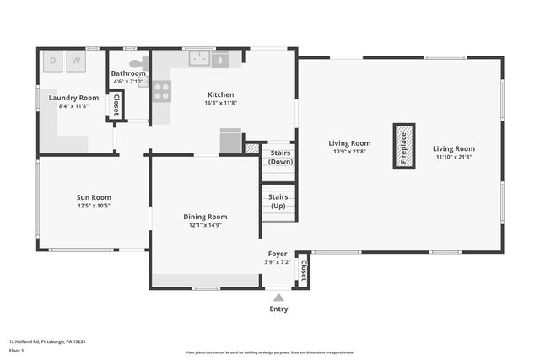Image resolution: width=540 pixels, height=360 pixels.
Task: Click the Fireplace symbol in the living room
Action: pos(404,146)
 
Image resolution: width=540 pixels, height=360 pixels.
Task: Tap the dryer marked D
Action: pos(52,62)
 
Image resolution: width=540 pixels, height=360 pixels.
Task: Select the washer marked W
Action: pos(76,62)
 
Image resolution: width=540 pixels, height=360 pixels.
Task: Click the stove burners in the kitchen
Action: pos(161,90)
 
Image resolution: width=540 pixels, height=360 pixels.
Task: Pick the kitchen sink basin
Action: pos(200,59)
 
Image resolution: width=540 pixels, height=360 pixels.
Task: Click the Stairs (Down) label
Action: pos(280,157)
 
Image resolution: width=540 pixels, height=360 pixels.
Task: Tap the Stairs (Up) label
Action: pos(278,201)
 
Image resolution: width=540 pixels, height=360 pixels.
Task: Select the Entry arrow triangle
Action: pos(278,297)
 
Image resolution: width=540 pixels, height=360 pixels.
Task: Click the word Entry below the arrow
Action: pos(278,309)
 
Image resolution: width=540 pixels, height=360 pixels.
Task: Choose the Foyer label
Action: pos(278,253)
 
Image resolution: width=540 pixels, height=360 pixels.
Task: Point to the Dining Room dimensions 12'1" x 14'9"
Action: pos(205,225)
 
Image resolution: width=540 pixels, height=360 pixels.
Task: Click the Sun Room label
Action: pos(94,197)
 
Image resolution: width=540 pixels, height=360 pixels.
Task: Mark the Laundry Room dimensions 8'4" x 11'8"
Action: pos(73,106)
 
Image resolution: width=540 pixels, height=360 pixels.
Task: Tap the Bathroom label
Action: pos(129,73)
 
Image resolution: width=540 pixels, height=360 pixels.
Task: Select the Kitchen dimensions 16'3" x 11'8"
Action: pos(220,103)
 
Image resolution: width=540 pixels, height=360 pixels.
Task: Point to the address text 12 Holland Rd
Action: pos(47,341)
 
